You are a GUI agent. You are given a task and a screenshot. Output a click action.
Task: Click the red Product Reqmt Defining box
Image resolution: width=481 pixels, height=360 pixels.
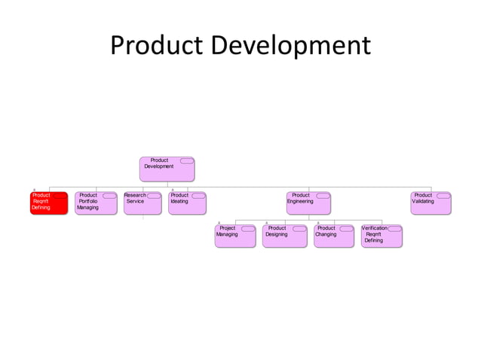point(48,203)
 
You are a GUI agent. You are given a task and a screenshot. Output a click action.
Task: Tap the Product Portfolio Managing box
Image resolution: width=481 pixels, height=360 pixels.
point(95,203)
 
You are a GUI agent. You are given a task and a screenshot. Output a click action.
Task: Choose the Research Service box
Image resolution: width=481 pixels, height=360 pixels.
point(142,203)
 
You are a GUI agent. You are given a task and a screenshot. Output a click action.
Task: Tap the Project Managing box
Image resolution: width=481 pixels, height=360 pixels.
point(234,236)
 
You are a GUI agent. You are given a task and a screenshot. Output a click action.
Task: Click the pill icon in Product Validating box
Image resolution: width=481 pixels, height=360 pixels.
point(443,196)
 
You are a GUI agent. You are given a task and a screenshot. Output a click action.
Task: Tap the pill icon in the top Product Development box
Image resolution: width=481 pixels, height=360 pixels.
point(186,160)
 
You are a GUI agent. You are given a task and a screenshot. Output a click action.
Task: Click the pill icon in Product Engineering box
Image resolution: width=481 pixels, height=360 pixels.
point(322,196)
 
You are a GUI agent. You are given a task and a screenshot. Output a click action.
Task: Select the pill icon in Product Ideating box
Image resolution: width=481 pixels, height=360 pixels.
point(198,196)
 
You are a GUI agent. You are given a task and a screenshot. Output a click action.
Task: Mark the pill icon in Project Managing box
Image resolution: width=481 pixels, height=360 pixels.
point(247,228)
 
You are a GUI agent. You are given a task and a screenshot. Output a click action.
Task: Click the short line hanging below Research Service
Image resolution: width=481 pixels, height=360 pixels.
point(142,218)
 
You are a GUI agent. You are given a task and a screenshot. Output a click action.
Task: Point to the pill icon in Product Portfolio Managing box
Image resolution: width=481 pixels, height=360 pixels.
point(109,196)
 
